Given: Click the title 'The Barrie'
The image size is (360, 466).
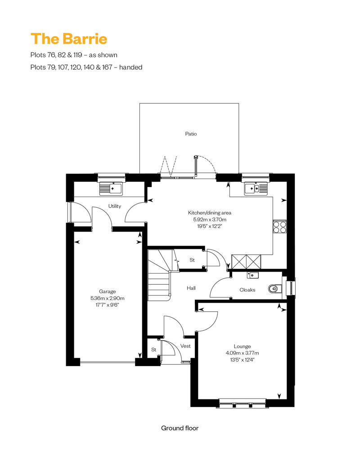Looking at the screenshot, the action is coord(69,39).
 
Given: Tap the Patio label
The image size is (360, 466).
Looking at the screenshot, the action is coord(191,134).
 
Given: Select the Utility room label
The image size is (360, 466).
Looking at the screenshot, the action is coord(114,206).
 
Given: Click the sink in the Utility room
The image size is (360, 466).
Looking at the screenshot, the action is coord(111,188).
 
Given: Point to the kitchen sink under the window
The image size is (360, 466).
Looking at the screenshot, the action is coord(256,189).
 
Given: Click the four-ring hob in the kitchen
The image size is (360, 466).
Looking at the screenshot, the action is coord(280,227).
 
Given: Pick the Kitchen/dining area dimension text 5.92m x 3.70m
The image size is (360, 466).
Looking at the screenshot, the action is coord(210,220).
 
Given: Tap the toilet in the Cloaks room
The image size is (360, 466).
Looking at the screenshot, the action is coord(274,288).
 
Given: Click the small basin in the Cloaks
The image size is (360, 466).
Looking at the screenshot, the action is coord(252,275).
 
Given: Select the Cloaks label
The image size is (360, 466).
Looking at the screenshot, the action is coord(247,290).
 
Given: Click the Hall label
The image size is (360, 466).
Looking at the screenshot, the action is coord(191,288).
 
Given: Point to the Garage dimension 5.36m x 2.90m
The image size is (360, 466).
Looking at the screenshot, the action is coord(107,298).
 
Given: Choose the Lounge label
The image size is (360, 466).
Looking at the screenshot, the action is coord(242,346).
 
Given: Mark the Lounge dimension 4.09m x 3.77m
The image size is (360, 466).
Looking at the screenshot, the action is coord(242,353).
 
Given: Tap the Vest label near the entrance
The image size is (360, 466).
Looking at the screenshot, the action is coord(185,346).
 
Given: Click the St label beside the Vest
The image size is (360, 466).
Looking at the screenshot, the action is coord(154,349).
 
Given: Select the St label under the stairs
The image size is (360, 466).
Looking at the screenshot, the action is coord(192,260).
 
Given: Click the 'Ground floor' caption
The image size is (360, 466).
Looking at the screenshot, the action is coord(180,428).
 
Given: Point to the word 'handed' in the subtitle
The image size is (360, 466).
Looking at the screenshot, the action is coord(131,67).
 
